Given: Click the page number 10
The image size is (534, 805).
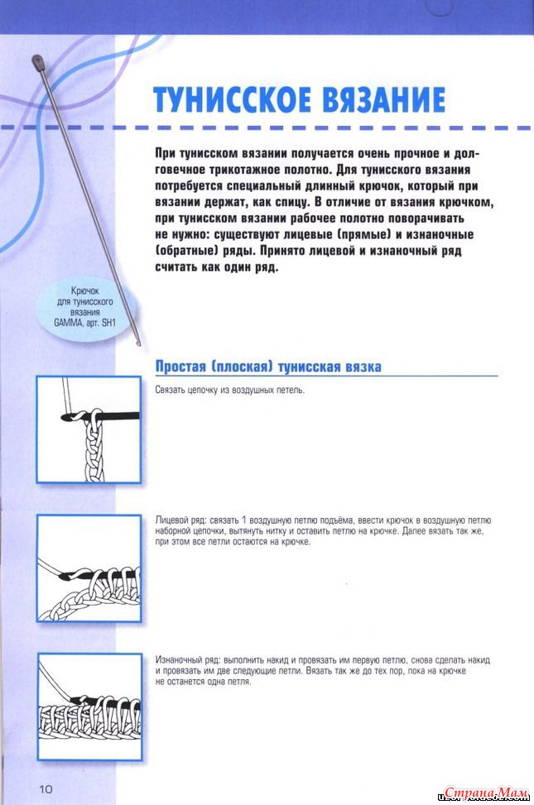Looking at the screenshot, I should (x=44, y=788).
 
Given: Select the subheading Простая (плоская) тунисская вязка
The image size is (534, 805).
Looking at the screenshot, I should (x=268, y=367).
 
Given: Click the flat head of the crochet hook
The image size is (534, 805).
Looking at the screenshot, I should (x=38, y=60).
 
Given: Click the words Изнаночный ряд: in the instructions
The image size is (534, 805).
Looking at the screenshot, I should (x=186, y=659).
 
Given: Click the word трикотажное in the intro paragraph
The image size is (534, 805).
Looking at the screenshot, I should (x=234, y=170).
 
